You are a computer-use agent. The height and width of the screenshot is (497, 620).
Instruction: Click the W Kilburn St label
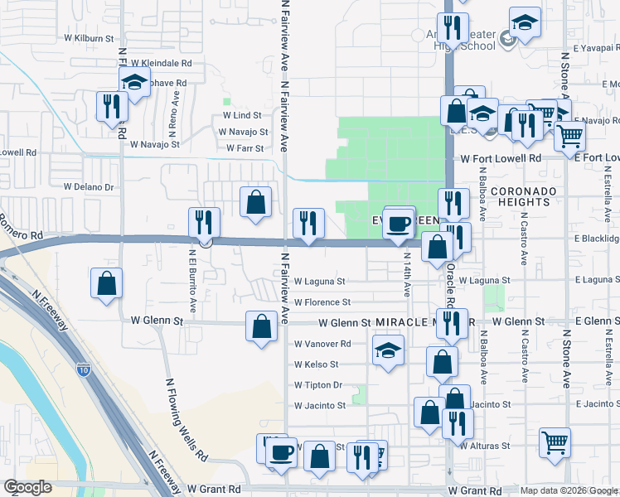(89, 38)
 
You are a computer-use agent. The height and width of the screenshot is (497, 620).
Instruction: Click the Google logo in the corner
(27, 487)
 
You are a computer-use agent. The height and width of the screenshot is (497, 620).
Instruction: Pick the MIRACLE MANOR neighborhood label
(424, 321)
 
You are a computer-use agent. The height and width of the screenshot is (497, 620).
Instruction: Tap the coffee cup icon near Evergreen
(399, 224)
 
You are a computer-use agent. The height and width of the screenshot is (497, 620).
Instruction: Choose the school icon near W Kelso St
(387, 350)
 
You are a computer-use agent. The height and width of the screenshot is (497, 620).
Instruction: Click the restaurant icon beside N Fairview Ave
(308, 223)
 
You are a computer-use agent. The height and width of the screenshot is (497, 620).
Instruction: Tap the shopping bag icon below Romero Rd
(106, 284)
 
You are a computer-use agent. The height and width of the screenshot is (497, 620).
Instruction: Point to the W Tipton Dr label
(318, 385)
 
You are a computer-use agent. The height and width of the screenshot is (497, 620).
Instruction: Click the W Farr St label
(245, 149)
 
